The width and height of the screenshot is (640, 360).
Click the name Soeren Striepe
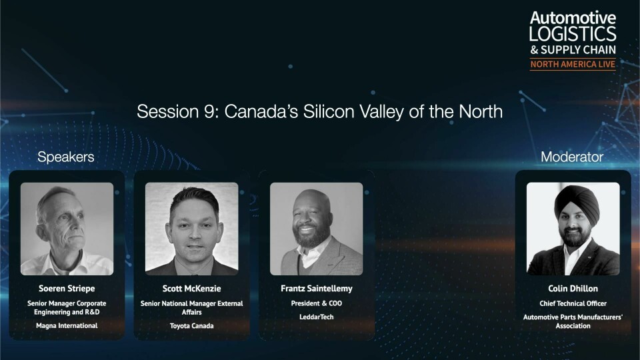click(67, 289)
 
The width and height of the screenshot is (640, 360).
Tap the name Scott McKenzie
click(191, 289)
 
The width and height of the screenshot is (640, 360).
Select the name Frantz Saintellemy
click(316, 289)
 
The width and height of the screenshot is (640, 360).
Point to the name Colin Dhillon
click(573, 289)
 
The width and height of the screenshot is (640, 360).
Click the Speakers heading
click(66, 157)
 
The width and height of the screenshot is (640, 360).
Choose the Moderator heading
click(572, 157)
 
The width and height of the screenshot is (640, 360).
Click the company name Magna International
click(67, 326)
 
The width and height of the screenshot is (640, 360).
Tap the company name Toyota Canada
click(191, 326)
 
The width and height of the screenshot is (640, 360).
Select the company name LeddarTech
click(316, 317)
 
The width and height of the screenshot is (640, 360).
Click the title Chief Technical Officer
click(573, 303)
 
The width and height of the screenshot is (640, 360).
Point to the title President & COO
click(316, 303)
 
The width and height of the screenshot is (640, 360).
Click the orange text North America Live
click(573, 64)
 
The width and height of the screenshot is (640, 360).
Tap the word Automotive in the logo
click(573, 18)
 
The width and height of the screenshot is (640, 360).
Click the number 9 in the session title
click(209, 111)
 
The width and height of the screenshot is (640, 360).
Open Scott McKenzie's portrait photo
click(191, 229)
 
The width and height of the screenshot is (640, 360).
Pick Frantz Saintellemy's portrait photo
click(316, 229)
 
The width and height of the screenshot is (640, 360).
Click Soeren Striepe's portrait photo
click(67, 229)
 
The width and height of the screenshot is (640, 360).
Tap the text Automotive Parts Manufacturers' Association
click(573, 321)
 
